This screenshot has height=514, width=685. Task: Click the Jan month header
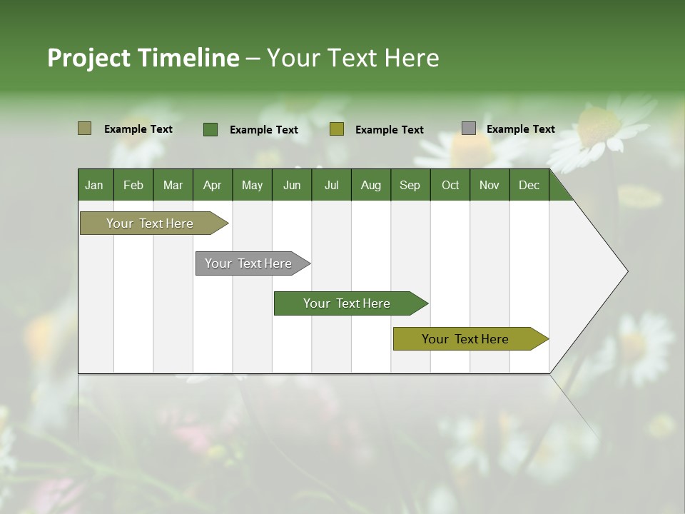pyautogui.click(x=94, y=185)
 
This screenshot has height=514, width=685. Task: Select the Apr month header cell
pyautogui.click(x=212, y=185)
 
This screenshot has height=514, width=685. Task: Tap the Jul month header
pyautogui.click(x=331, y=185)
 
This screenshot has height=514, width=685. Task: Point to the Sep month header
pyautogui.click(x=410, y=185)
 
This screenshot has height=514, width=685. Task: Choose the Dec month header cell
pyautogui.click(x=529, y=185)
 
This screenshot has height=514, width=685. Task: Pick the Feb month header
pyautogui.click(x=133, y=185)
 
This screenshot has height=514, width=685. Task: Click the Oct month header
pyautogui.click(x=450, y=185)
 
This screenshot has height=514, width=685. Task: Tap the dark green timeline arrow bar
pyautogui.click(x=347, y=303)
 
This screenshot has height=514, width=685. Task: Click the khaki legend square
pyautogui.click(x=85, y=128)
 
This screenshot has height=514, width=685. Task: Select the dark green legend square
pyautogui.click(x=210, y=129)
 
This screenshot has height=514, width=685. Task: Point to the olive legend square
pyautogui.click(x=337, y=129)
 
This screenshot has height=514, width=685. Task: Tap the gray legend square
pyautogui.click(x=469, y=128)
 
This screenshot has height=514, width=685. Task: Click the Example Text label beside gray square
pyautogui.click(x=520, y=129)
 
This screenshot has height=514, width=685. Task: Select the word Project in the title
pyautogui.click(x=89, y=58)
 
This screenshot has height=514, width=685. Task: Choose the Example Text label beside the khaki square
pyautogui.click(x=138, y=129)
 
